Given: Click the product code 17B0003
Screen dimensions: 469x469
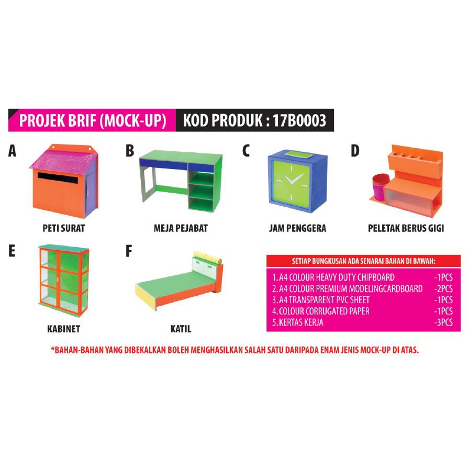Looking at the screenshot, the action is tap(299, 120).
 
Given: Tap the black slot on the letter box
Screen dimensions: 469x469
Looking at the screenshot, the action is tap(58, 178).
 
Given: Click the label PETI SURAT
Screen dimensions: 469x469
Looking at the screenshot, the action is tap(64, 228).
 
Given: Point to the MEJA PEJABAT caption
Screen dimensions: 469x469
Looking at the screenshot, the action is tap(181, 228).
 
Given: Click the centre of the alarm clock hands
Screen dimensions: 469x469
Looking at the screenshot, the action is tap(290, 182).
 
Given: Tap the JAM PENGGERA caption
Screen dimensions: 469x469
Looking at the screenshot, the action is tap(298, 228).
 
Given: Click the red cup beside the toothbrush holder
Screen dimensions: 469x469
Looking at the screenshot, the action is tap(380, 187).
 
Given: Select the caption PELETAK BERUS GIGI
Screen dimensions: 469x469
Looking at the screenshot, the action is tap(406, 228).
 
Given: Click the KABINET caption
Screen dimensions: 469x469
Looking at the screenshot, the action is tap(64, 329).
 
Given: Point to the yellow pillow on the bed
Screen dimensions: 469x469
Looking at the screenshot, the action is tap(208, 258).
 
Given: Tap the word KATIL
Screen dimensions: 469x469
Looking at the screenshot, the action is tap(181, 329).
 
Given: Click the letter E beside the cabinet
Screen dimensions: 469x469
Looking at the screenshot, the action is tap(12, 251).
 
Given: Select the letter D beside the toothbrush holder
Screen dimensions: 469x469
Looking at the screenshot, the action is tap(355, 151).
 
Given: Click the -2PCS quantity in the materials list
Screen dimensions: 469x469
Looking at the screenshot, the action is tap(443, 288).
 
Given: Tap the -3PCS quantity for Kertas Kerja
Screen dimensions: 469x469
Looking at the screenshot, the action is tap(443, 322).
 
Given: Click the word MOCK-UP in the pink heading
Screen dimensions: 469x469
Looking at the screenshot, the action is tap(133, 120).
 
